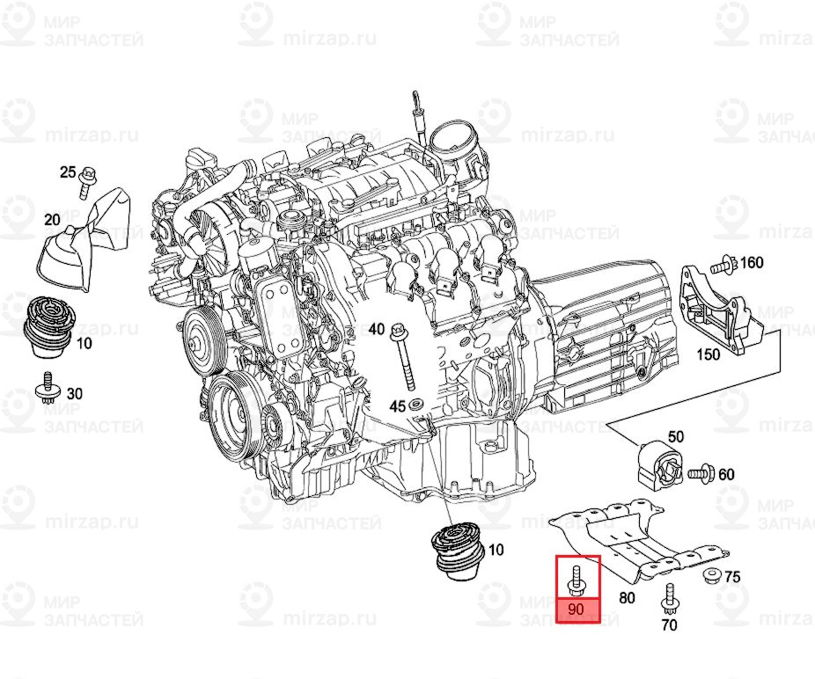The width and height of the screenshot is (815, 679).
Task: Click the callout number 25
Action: coord(68,172)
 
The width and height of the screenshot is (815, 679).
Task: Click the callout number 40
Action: coord(376,329)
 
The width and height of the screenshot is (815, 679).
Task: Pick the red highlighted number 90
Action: coord(578,610)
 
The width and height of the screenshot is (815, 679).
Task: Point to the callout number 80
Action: coord(627,599)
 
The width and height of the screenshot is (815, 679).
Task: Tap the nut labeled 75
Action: coord(711,577)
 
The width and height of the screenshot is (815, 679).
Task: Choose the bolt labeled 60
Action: coord(701,473)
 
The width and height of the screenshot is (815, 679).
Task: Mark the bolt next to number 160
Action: coord(723,262)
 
